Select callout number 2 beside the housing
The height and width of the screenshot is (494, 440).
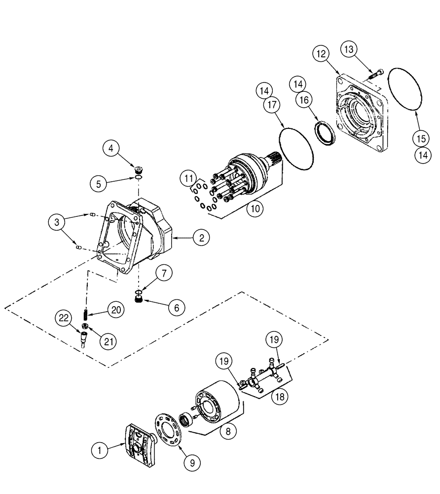pos(200,238)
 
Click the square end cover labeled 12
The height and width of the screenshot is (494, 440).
pos(363,111)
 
